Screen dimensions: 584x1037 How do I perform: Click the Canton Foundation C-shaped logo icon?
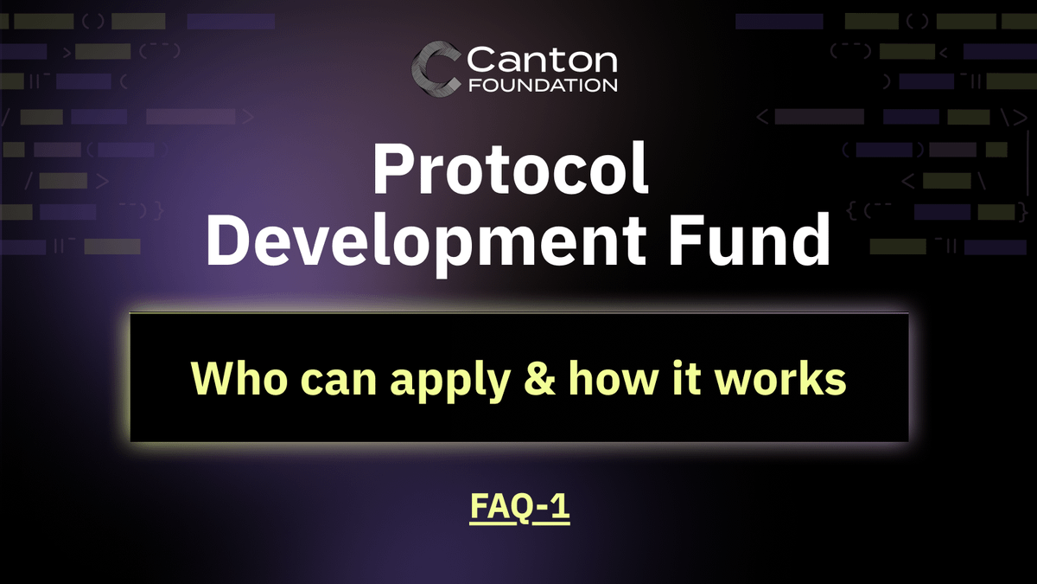436,70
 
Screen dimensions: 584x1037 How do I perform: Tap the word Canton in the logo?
542,60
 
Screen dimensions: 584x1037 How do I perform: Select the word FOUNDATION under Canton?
542,86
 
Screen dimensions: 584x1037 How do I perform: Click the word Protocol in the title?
511,170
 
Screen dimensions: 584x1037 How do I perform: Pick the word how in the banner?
594,379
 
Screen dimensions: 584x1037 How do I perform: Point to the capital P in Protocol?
393,170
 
